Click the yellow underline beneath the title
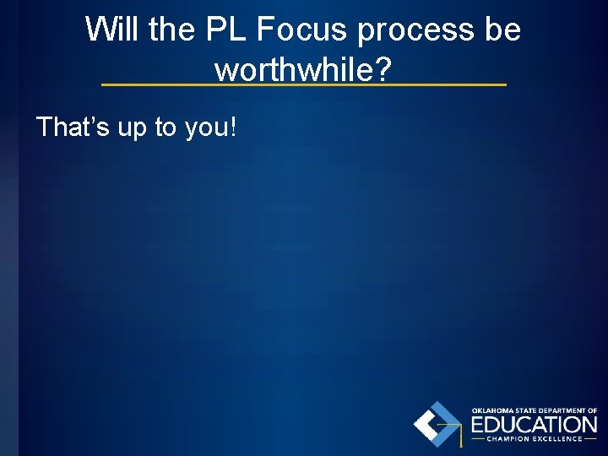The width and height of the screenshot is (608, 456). (x=304, y=84)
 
